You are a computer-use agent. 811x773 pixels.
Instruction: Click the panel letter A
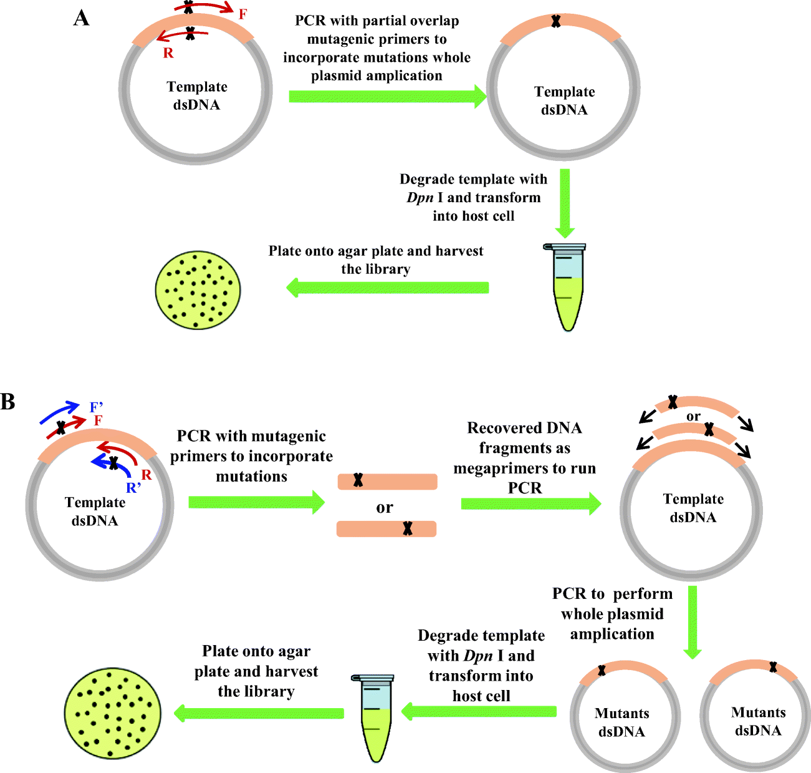pos(81,18)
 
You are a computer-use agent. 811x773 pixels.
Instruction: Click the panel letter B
pos(7,401)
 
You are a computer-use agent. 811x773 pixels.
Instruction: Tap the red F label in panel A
pos(242,14)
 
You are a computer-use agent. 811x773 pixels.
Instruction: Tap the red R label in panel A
pos(168,54)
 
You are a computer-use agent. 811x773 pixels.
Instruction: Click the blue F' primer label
pos(96,408)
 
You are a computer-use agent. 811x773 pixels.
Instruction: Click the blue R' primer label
pos(133,489)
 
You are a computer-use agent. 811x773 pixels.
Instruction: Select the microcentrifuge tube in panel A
pos(567,286)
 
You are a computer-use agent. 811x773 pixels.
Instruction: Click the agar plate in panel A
pos(198,289)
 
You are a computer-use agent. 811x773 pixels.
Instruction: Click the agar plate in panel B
pos(113,712)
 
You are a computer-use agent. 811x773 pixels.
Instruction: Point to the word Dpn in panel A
pos(420,198)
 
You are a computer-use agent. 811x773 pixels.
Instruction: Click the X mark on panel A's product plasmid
pos(555,21)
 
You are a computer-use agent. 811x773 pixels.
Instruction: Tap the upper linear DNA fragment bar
pos(387,481)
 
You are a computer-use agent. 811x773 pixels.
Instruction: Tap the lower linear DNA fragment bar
pos(386,529)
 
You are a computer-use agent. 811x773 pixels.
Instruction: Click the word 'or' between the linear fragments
pos(385,508)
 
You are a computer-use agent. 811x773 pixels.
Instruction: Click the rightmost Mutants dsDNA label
pos(758,721)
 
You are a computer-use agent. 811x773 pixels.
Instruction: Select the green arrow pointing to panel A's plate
pos(386,288)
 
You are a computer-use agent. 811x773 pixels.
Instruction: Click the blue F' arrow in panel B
pos(60,412)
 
